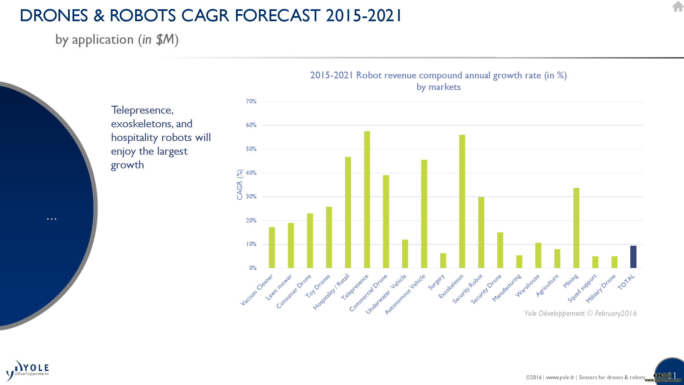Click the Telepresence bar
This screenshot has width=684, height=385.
click(367, 200)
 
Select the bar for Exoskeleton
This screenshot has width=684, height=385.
click(462, 201)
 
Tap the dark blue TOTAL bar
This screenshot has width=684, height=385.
click(633, 257)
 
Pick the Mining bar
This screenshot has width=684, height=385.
click(576, 228)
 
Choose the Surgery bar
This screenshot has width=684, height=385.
click(443, 260)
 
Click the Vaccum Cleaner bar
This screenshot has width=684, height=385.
click(272, 247)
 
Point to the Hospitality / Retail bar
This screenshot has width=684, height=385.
click(348, 213)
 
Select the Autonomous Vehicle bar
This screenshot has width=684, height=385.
click(424, 214)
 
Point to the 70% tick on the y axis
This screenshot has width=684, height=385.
click(251, 101)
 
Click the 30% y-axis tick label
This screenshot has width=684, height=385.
click(251, 196)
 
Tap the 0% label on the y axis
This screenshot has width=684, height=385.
click(253, 268)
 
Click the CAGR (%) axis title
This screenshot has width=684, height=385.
click(240, 184)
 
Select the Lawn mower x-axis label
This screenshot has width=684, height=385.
click(279, 287)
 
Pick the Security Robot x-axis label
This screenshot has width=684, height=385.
click(468, 288)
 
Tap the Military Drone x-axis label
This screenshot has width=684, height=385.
click(601, 288)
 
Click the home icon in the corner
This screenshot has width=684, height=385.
click(678, 6)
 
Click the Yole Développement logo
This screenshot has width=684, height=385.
click(27, 371)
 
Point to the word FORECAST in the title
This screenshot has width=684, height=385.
click(277, 15)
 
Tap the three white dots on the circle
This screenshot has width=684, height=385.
click(52, 219)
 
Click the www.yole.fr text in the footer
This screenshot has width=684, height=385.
click(560, 377)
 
